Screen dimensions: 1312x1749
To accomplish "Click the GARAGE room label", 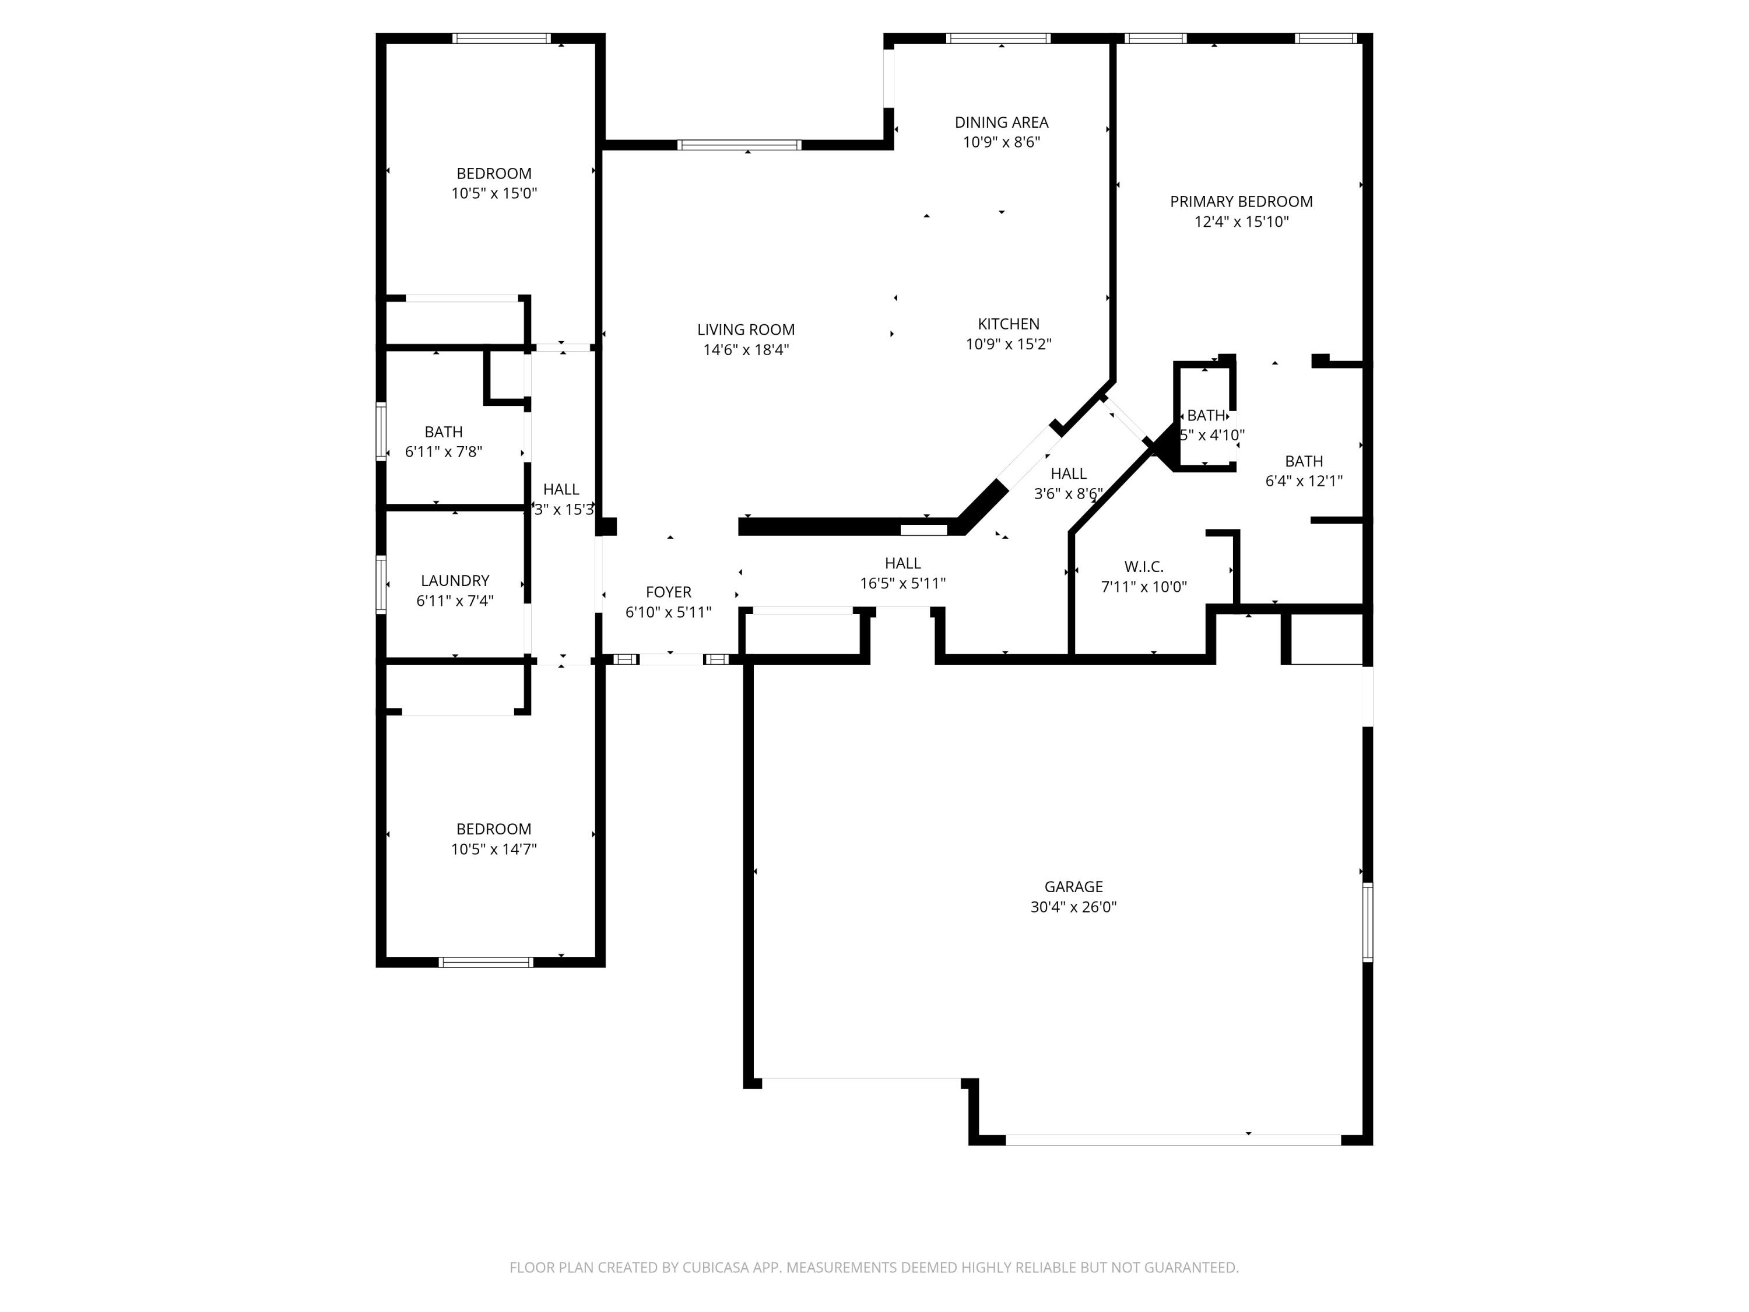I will [x=1073, y=886].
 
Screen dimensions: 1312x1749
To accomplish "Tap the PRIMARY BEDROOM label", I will [x=1241, y=202].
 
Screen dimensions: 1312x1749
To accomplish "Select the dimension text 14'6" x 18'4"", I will [x=746, y=349].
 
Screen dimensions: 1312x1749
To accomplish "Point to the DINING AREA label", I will [x=1001, y=122].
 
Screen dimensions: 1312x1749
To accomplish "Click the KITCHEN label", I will [x=1008, y=324].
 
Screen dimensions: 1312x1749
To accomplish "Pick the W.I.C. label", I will [x=1143, y=566].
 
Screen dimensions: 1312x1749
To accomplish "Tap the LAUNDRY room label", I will [x=455, y=580].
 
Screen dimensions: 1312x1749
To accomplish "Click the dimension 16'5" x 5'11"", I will [x=902, y=584].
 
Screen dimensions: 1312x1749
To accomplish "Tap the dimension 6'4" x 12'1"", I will [x=1303, y=481].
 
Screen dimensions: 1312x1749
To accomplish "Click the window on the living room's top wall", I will [x=739, y=145].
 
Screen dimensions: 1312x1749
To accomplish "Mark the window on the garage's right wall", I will [x=1367, y=922].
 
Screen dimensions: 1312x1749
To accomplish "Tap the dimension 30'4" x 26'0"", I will [x=1073, y=907].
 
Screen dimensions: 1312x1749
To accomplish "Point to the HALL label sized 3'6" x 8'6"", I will [x=1067, y=473].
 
